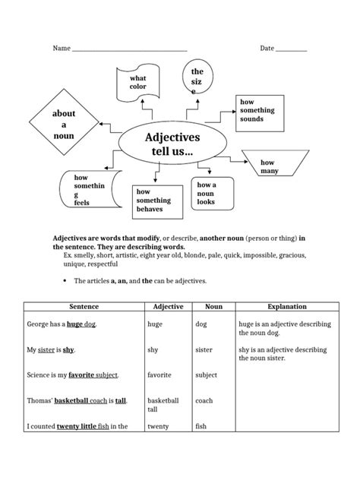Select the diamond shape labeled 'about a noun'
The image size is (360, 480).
tap(64, 125)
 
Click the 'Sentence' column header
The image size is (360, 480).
tap(84, 307)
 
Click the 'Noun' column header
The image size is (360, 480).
tap(213, 307)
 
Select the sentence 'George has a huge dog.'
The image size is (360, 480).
tap(62, 324)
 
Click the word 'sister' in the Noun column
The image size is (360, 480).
tap(204, 350)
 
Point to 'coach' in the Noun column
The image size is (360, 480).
tap(204, 400)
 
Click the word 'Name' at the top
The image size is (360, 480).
tap(61, 49)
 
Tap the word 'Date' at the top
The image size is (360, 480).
tap(267, 49)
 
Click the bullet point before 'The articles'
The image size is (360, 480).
tap(65, 280)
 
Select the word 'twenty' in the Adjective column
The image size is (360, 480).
tap(159, 426)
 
